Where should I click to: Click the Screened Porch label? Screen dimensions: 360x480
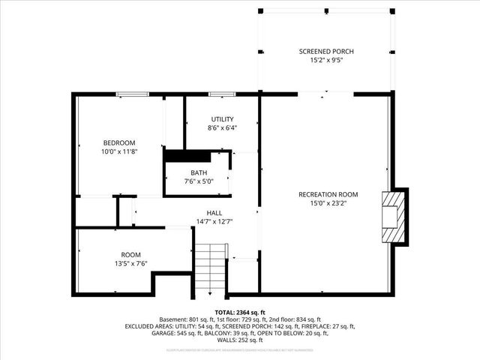click(326, 52)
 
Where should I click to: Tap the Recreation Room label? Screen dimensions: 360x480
click(328, 194)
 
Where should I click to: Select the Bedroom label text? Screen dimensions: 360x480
click(119, 143)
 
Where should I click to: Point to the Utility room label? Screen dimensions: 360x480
click(222, 119)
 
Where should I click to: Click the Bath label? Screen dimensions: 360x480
click(199, 172)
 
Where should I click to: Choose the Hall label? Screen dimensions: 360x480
click(214, 212)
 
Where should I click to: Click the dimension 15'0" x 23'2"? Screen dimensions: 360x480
click(328, 203)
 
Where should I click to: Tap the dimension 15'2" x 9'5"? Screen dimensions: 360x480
click(326, 61)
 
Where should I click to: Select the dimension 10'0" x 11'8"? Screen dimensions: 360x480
click(119, 151)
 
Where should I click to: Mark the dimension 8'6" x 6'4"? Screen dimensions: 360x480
click(222, 128)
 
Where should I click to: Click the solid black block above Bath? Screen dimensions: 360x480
click(179, 155)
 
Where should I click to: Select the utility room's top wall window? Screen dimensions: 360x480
click(220, 94)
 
